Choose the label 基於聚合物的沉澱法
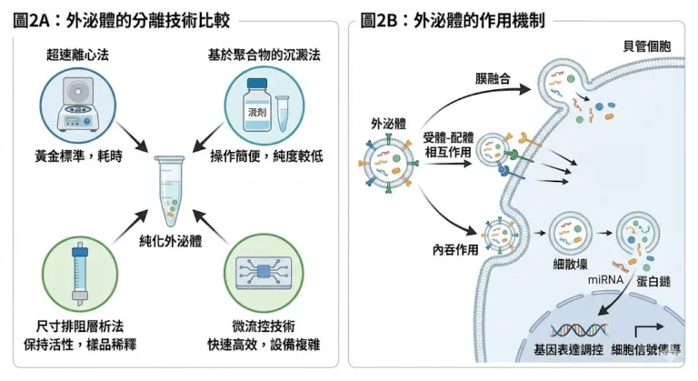(x=264, y=55)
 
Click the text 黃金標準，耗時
(x=79, y=155)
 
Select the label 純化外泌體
(x=173, y=243)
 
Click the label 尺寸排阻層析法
(x=79, y=325)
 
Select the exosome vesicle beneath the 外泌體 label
(x=389, y=164)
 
